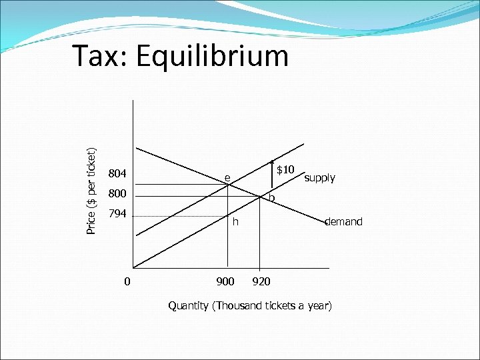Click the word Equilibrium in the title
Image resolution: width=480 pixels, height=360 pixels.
pyautogui.click(x=213, y=57)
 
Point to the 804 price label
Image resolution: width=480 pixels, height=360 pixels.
pyautogui.click(x=117, y=175)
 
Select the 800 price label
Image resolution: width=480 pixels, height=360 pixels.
pyautogui.click(x=117, y=195)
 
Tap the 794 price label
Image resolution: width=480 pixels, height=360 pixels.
pyautogui.click(x=117, y=215)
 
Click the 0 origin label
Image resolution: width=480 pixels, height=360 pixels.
pyautogui.click(x=127, y=281)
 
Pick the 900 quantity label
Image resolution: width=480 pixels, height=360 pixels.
pyautogui.click(x=225, y=281)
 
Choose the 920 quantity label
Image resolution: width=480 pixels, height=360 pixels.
pyautogui.click(x=261, y=281)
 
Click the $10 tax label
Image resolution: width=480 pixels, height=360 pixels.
pyautogui.click(x=286, y=171)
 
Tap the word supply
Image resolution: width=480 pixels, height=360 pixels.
pyautogui.click(x=319, y=178)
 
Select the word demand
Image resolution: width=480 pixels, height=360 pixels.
pyautogui.click(x=343, y=221)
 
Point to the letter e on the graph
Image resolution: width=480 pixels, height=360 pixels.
pyautogui.click(x=227, y=178)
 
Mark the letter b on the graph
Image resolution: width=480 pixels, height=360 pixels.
pyautogui.click(x=271, y=199)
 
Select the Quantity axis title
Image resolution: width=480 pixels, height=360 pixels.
pyautogui.click(x=249, y=306)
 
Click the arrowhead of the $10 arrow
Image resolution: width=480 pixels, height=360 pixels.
pyautogui.click(x=272, y=162)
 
